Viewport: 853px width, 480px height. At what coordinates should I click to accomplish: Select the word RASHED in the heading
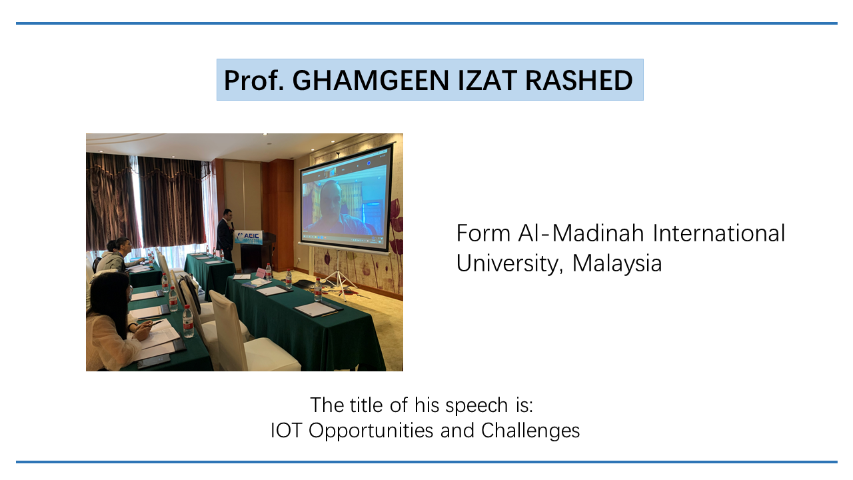click(579, 80)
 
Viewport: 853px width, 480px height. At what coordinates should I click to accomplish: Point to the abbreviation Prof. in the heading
click(254, 80)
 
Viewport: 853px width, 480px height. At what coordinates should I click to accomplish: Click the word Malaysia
click(617, 263)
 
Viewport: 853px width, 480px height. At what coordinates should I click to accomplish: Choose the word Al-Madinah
click(580, 233)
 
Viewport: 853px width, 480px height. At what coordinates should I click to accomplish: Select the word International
click(718, 233)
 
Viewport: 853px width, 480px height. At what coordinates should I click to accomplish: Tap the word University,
click(510, 263)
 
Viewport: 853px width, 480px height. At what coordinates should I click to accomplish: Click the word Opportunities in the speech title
click(371, 431)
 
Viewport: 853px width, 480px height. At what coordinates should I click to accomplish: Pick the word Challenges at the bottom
click(530, 431)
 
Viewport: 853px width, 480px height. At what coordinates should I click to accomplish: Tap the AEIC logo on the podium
click(249, 237)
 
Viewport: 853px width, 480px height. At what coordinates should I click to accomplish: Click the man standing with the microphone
click(225, 235)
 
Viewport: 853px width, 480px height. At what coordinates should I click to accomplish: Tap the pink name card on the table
click(261, 273)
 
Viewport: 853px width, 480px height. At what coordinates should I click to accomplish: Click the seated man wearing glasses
click(118, 255)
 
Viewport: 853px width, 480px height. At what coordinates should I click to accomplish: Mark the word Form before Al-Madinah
click(483, 233)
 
